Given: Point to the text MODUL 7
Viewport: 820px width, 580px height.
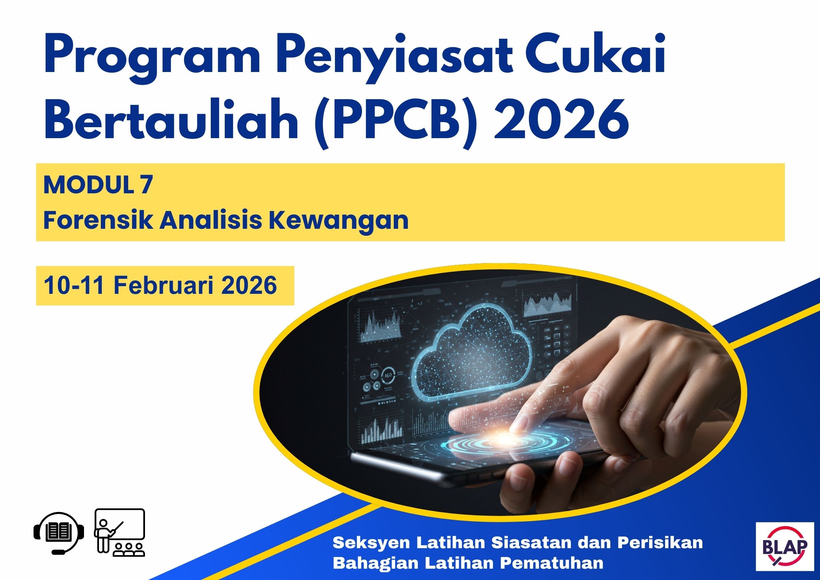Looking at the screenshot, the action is [x=98, y=185].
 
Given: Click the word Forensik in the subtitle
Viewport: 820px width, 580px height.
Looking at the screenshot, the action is [x=98, y=220].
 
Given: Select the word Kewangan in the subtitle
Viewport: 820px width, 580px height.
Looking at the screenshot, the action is [x=339, y=220].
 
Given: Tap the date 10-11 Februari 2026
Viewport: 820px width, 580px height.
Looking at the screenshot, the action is [x=160, y=285].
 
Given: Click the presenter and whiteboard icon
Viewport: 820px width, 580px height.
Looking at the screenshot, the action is [x=120, y=532].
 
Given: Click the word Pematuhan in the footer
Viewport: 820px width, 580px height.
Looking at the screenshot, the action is [x=552, y=563].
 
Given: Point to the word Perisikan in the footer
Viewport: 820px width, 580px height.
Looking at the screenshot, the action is [x=660, y=543].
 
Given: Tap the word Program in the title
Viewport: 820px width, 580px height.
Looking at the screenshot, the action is [x=152, y=58].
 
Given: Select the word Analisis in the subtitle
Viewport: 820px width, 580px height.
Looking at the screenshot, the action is [x=211, y=220].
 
